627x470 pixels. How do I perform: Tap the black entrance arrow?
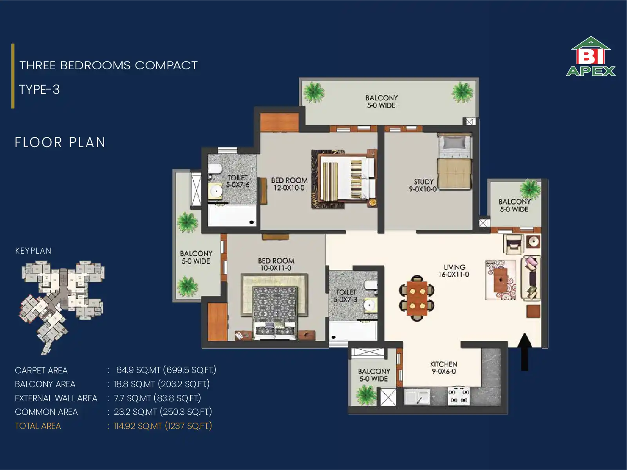click(x=524, y=351)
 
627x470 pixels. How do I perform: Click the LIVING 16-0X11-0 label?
click(x=454, y=271)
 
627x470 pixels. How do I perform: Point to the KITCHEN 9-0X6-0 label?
click(x=444, y=368)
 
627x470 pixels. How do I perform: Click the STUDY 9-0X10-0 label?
click(x=423, y=185)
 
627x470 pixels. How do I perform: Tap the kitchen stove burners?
click(x=459, y=396)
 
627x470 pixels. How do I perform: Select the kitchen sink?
click(x=417, y=397)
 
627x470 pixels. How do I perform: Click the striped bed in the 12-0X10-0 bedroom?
click(x=347, y=178)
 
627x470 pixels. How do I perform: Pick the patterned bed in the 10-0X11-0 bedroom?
click(x=275, y=313)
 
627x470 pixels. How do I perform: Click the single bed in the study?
click(x=454, y=162)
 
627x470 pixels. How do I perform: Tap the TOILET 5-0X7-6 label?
click(x=237, y=181)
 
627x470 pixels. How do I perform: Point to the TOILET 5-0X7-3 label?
click(x=346, y=295)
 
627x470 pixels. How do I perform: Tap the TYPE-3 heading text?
click(x=40, y=90)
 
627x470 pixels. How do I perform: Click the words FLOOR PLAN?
click(x=60, y=142)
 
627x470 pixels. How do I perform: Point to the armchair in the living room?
click(x=513, y=244)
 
